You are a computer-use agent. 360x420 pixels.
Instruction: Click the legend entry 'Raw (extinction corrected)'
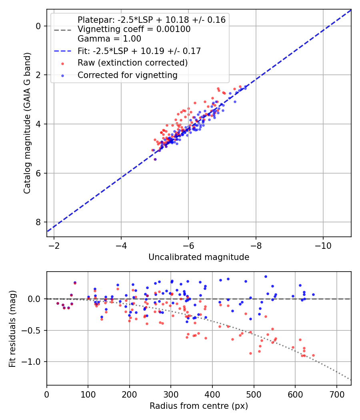click(x=132, y=63)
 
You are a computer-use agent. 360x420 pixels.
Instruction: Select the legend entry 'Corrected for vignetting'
click(x=127, y=75)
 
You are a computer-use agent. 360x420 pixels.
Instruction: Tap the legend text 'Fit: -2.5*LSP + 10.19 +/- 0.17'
click(x=139, y=51)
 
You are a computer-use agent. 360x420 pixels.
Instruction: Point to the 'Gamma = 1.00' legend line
click(x=109, y=39)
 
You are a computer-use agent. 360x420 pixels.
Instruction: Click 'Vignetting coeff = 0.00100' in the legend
click(x=134, y=29)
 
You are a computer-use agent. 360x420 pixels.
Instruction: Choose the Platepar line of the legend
click(x=152, y=20)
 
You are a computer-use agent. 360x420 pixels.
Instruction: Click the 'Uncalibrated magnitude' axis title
click(x=199, y=257)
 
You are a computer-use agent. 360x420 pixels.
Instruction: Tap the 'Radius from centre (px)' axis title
click(x=199, y=406)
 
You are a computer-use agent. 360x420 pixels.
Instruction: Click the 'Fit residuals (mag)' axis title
click(x=12, y=328)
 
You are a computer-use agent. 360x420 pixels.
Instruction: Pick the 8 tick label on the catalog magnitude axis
click(x=38, y=222)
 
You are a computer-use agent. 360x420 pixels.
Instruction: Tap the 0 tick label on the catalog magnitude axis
click(x=38, y=26)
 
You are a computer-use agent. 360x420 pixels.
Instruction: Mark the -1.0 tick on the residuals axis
click(x=33, y=362)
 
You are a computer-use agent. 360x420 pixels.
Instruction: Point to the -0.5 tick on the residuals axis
click(x=33, y=330)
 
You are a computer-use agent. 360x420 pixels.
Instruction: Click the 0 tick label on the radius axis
click(x=47, y=394)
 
